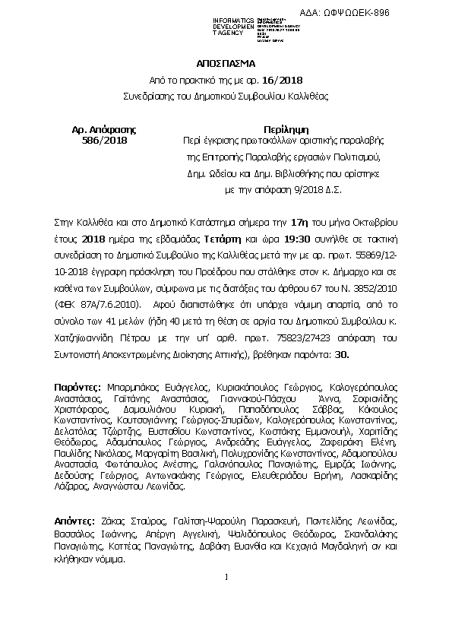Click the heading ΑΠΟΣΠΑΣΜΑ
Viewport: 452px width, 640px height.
point(225,65)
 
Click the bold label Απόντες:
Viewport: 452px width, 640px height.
point(76,522)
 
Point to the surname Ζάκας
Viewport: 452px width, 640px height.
point(116,522)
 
